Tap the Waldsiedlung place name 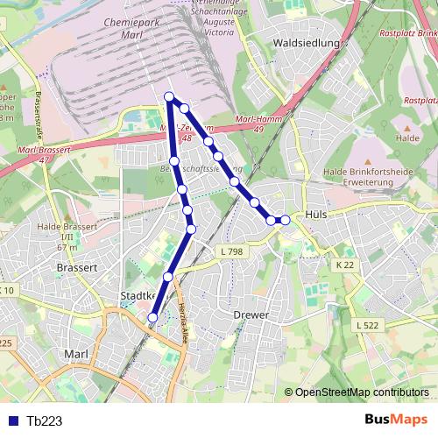(306, 41)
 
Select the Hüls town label (317, 214)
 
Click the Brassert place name (75, 266)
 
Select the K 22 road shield (344, 264)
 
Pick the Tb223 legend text (45, 420)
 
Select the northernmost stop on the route (169, 96)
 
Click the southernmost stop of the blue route (153, 316)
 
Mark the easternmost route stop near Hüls (285, 220)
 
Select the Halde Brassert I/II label (60, 232)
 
